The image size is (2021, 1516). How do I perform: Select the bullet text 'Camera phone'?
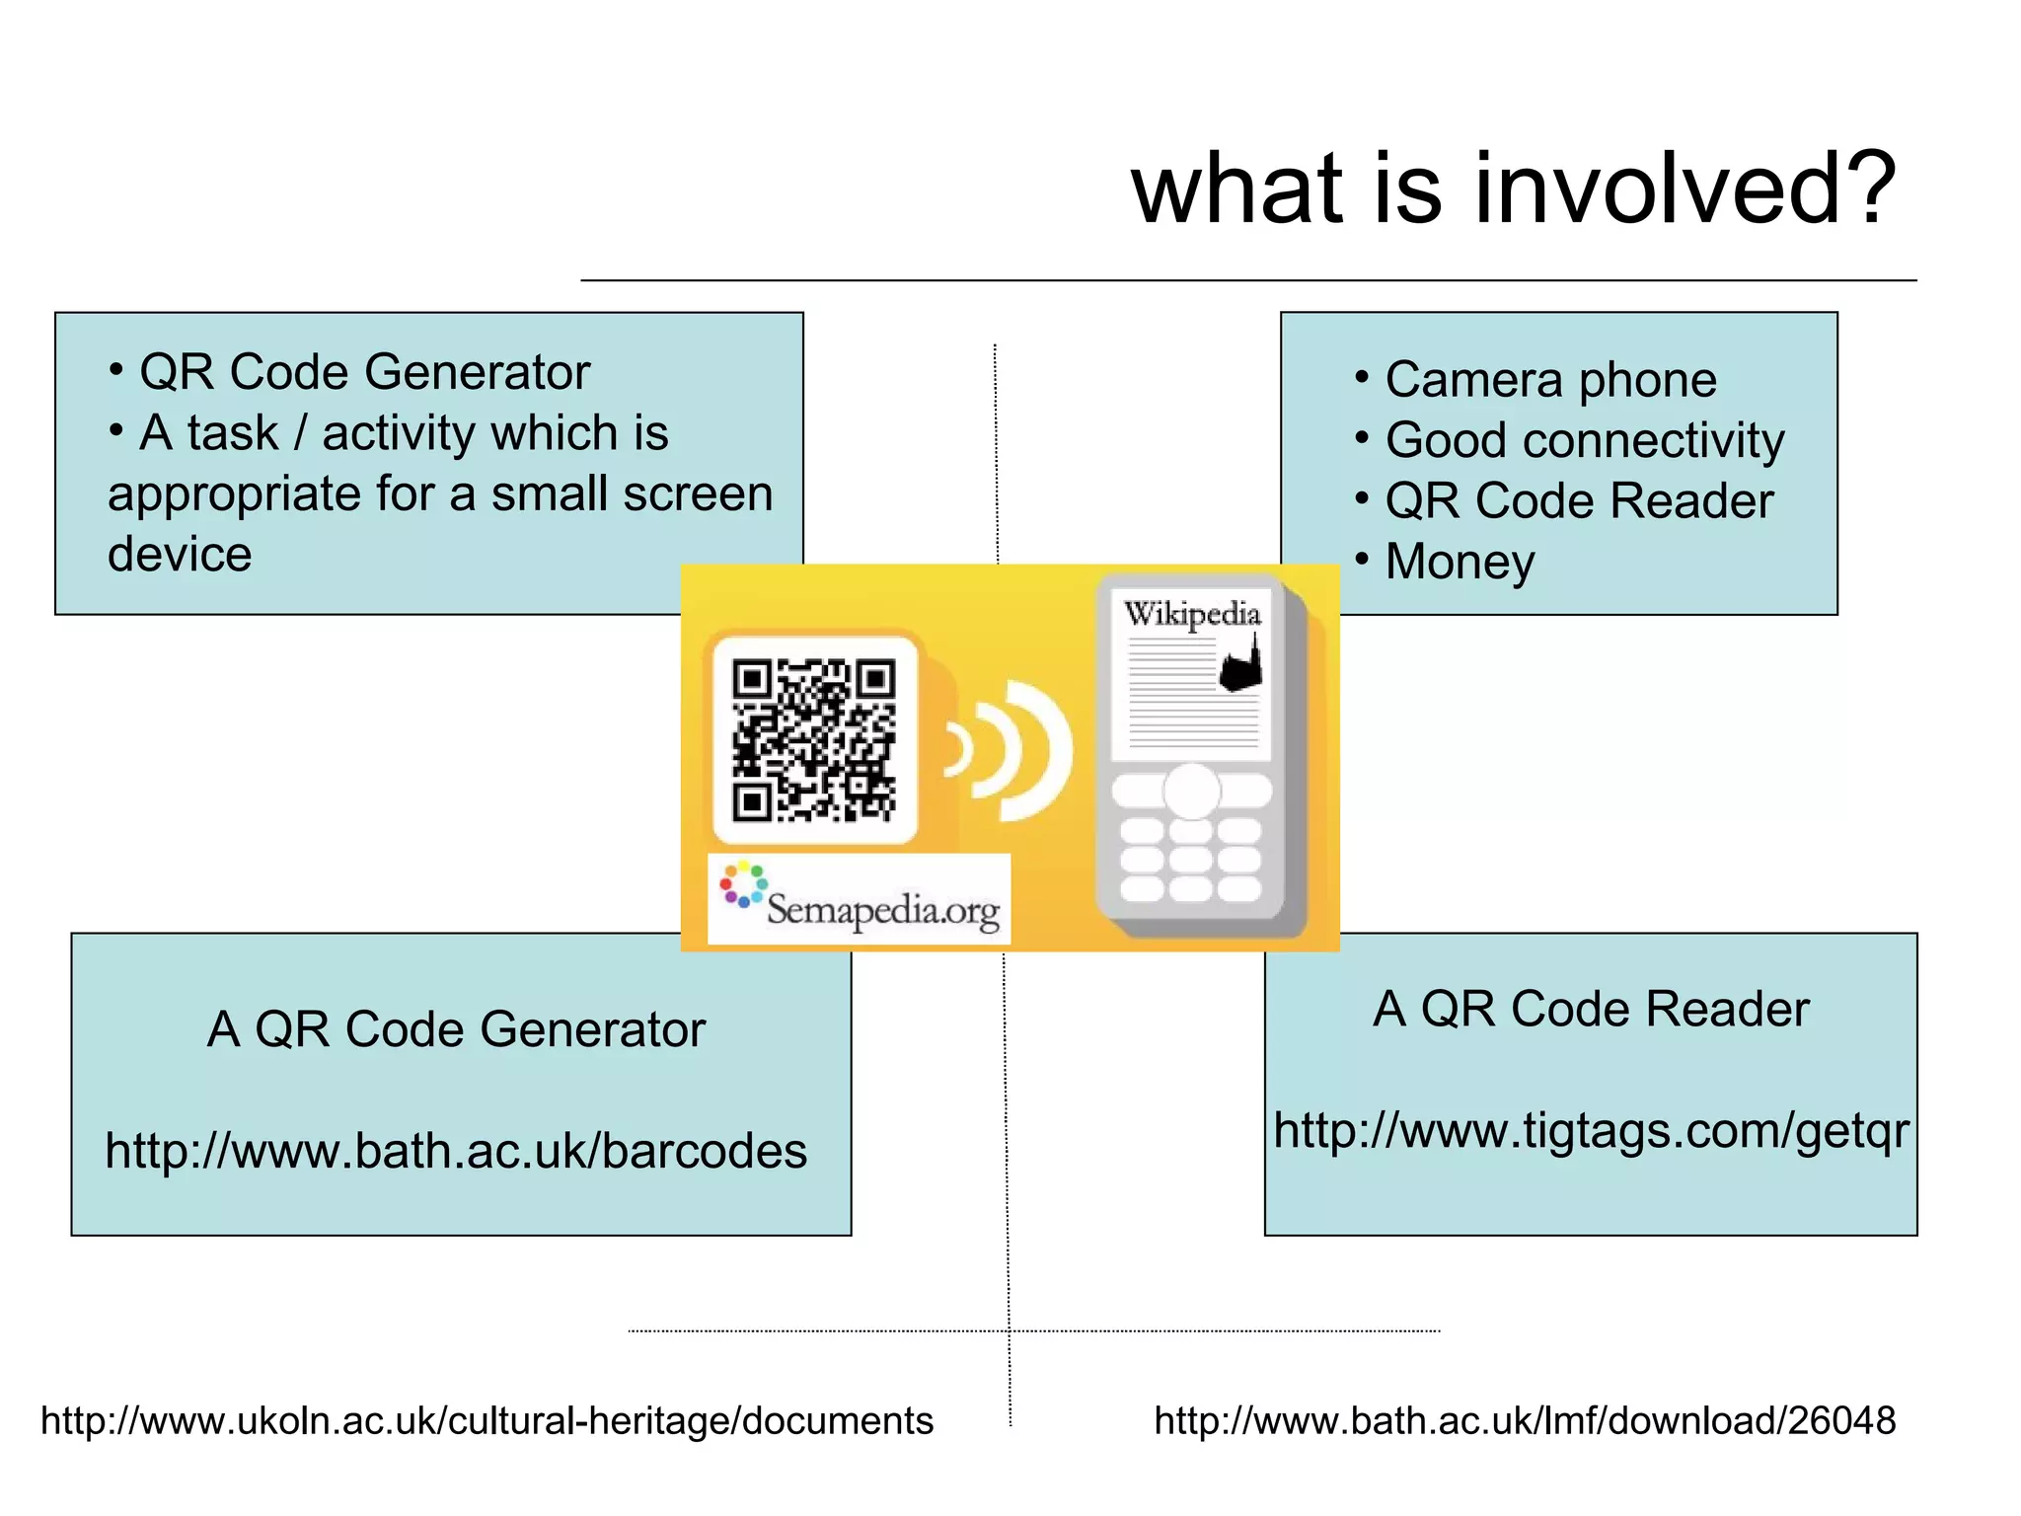click(1550, 380)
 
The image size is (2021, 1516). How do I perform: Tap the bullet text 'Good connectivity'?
click(1585, 440)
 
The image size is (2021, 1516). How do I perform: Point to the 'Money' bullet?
click(1460, 562)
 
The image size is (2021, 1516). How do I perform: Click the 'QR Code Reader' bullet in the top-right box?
click(1579, 501)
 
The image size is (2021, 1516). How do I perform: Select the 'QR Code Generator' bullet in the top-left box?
click(364, 373)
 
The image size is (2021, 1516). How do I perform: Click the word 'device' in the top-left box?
click(180, 555)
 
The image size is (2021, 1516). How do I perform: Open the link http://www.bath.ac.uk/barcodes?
click(456, 1152)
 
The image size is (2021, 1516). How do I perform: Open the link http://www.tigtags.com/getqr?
click(1591, 1131)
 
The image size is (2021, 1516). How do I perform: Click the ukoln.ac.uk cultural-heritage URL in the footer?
click(487, 1421)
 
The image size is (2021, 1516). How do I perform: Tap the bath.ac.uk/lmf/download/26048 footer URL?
click(1525, 1421)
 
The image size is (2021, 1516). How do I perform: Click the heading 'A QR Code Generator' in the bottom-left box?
click(456, 1029)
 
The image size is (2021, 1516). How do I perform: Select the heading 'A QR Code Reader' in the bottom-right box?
click(1591, 1010)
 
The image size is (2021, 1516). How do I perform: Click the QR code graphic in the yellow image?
click(814, 740)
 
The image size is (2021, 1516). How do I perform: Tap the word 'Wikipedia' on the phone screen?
click(1192, 614)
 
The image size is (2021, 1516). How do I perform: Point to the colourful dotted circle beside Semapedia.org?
click(742, 885)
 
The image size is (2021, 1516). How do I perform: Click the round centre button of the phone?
click(1191, 792)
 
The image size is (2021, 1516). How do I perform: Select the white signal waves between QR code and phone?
click(1011, 750)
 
